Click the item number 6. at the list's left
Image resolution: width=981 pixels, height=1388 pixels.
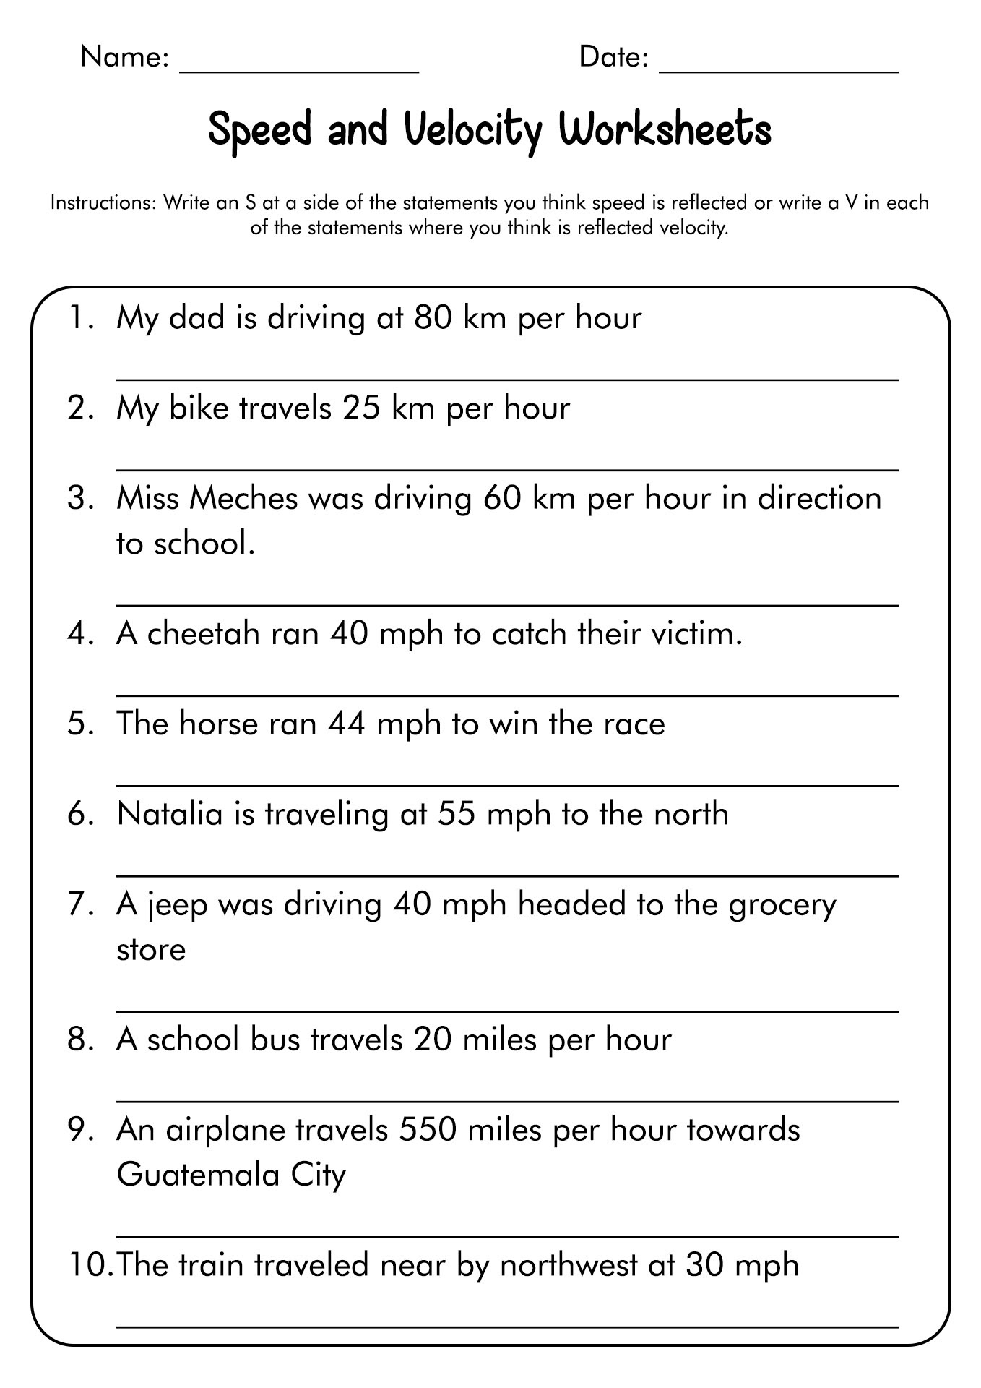click(x=81, y=814)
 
